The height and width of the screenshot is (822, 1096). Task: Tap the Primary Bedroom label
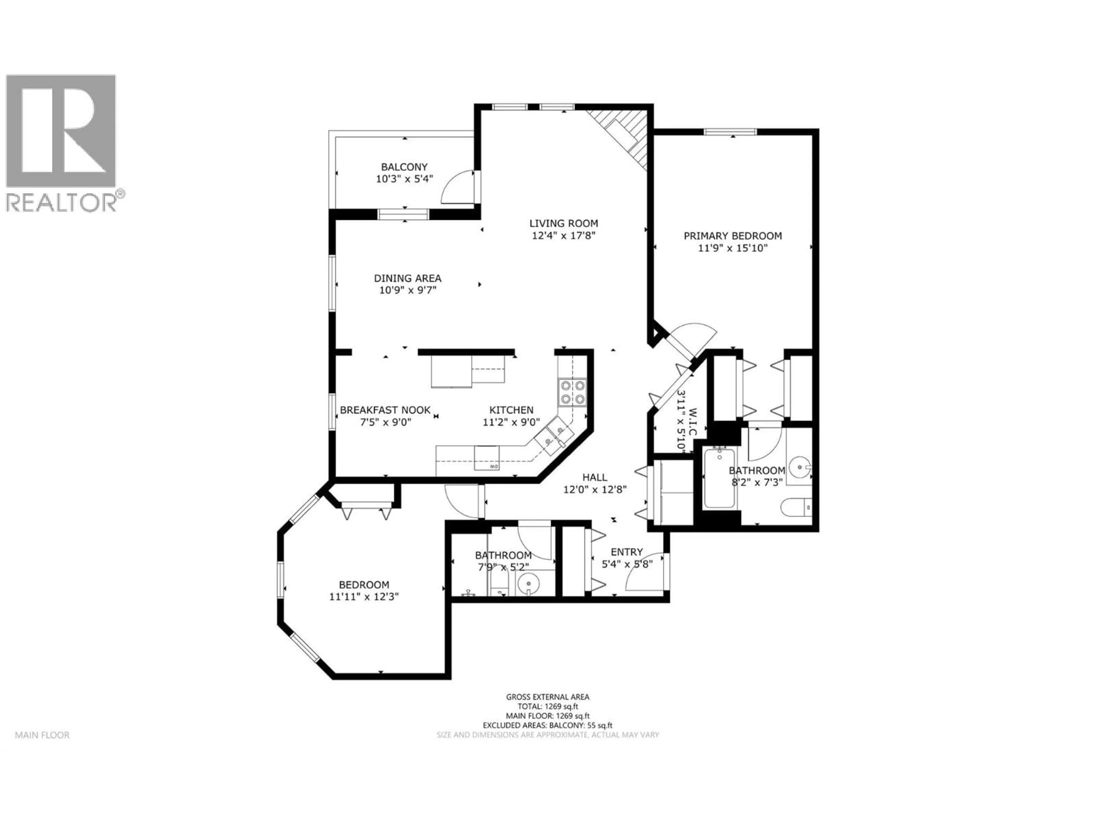point(733,236)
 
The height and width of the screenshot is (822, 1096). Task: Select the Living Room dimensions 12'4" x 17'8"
point(563,236)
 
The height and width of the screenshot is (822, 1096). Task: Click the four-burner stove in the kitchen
point(573,392)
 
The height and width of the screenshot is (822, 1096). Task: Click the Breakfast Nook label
point(385,410)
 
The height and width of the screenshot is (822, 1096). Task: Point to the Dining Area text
point(407,279)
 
